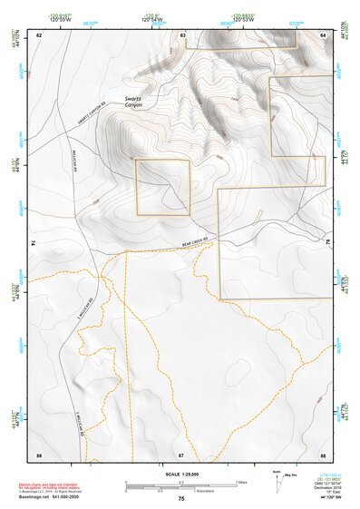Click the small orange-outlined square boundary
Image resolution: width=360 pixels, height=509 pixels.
pyautogui.click(x=162, y=187)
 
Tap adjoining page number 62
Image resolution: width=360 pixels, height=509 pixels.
pyautogui.click(x=39, y=34)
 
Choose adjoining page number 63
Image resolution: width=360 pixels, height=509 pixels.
pyautogui.click(x=182, y=34)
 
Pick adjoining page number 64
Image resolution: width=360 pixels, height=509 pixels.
pyautogui.click(x=324, y=34)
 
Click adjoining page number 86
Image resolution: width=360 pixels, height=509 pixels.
pyautogui.click(x=39, y=453)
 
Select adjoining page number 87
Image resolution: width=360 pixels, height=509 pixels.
pyautogui.click(x=181, y=453)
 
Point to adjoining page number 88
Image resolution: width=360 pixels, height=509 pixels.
pyautogui.click(x=324, y=453)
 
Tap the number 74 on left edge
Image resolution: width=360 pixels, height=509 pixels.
pyautogui.click(x=33, y=243)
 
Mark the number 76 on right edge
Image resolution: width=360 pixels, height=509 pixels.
pyautogui.click(x=329, y=243)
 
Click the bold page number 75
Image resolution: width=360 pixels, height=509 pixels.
pyautogui.click(x=181, y=499)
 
